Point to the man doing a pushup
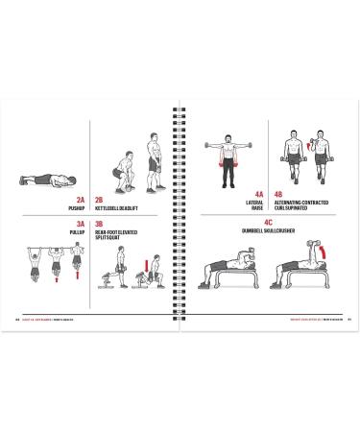click(46, 180)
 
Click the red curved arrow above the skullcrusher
click(323, 251)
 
